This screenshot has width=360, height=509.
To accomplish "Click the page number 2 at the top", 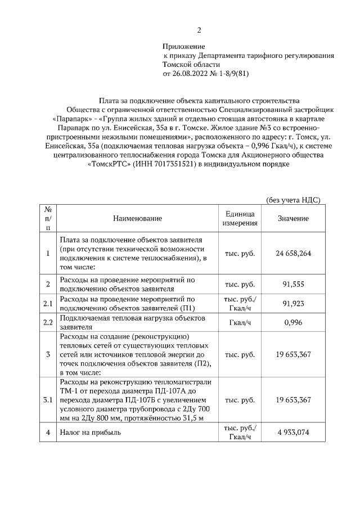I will [199, 30].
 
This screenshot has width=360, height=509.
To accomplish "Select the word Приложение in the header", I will [184, 46].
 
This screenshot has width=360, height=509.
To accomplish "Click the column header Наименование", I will [137, 218].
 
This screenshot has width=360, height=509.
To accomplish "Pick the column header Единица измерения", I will [241, 218].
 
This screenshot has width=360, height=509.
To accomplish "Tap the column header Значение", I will [293, 218].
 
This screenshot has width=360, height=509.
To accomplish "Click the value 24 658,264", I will [293, 253].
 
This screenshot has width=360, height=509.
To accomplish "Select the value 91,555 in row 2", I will [293, 285].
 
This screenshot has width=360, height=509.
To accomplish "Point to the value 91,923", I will [293, 304].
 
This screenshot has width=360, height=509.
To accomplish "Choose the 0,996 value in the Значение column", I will [293, 323].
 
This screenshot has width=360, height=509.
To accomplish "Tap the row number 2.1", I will [48, 304].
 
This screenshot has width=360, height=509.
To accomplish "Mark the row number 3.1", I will [48, 400].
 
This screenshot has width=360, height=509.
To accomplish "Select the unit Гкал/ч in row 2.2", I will [241, 323].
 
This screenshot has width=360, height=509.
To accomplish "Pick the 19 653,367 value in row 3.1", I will [293, 400].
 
